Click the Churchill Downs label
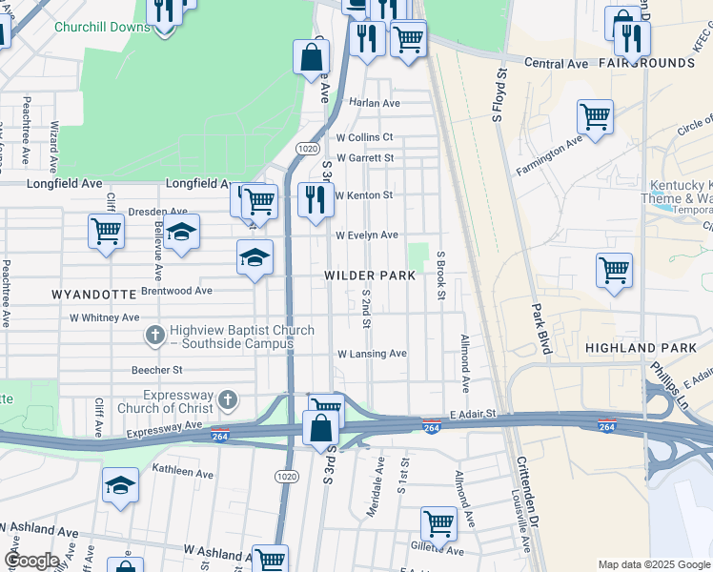102,27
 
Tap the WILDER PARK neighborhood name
370,276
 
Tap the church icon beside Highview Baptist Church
155,335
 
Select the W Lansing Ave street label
372,354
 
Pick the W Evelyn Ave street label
366,235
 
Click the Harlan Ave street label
374,103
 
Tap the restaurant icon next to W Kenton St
316,200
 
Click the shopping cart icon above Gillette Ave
438,521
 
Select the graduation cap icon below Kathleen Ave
120,485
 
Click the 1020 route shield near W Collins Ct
307,149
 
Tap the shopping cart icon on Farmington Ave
595,117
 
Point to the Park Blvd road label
541,330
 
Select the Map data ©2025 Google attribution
654,564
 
